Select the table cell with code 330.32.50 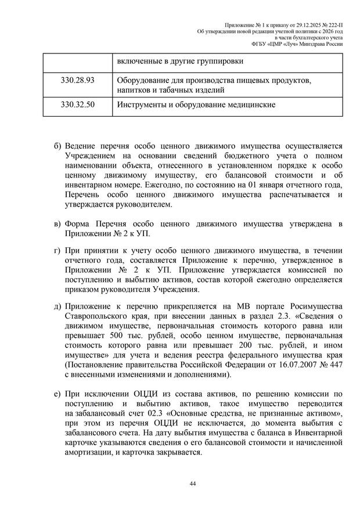[x=77, y=105]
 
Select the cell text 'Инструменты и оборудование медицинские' [x=196, y=105]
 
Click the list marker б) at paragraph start [x=56, y=145]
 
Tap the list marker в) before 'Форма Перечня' [x=56, y=224]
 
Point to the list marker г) [x=56, y=250]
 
